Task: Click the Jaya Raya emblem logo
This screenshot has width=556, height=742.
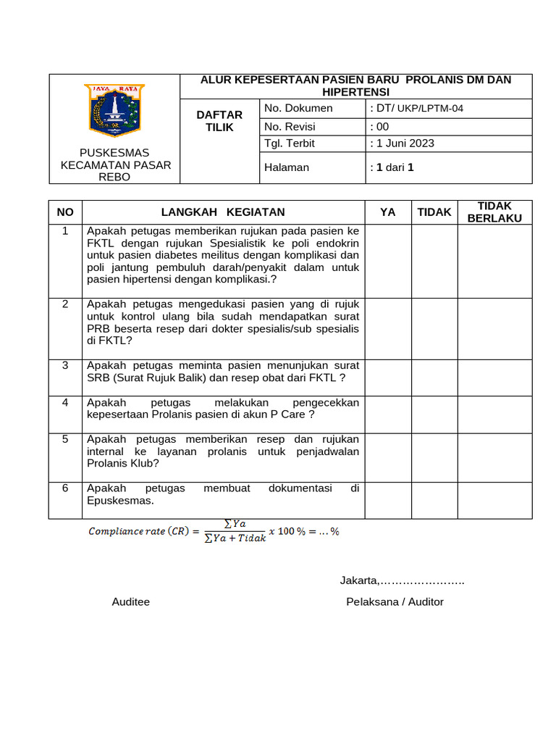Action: click(x=114, y=109)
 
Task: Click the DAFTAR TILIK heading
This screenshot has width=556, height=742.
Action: click(x=220, y=120)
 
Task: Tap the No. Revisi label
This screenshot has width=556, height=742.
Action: click(x=290, y=126)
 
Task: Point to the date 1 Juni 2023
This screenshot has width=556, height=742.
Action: click(x=405, y=143)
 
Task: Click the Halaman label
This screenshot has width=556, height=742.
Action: click(x=287, y=167)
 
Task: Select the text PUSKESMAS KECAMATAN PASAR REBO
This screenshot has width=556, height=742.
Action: click(x=114, y=164)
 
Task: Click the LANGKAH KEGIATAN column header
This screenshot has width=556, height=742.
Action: click(x=223, y=212)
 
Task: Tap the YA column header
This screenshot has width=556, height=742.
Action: click(x=388, y=212)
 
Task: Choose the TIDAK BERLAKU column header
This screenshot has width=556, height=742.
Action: click(x=494, y=212)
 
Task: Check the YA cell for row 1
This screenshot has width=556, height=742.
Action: click(x=388, y=261)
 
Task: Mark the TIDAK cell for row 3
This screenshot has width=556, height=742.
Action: click(x=434, y=378)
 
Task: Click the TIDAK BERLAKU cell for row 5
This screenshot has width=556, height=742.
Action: click(x=494, y=457)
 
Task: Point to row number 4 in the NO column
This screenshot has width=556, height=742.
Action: click(x=65, y=403)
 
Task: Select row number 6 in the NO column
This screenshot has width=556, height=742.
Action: click(x=65, y=488)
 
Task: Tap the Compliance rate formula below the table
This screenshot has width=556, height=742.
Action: click(x=214, y=532)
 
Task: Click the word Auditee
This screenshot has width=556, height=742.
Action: click(x=131, y=602)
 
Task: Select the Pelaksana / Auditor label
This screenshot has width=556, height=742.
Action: click(x=395, y=602)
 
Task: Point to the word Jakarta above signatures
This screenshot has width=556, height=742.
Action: click(x=359, y=580)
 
